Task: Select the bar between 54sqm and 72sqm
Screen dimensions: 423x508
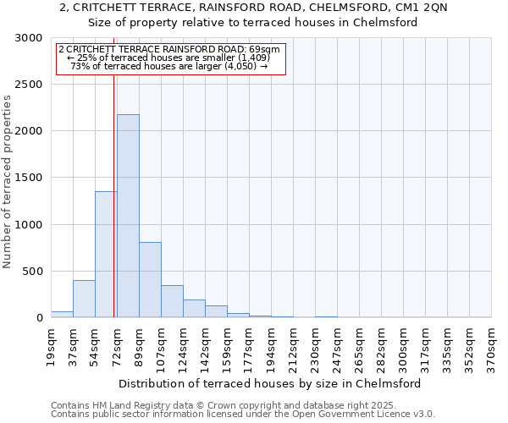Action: click(x=105, y=254)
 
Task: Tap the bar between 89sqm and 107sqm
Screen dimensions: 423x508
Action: click(x=150, y=279)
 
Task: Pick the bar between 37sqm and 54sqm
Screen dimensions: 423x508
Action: click(x=84, y=299)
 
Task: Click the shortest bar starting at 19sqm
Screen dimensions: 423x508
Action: click(x=62, y=314)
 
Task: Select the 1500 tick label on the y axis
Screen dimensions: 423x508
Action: click(x=29, y=179)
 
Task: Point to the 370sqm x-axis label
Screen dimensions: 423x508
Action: click(x=490, y=346)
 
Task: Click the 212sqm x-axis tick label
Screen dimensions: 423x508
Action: click(x=292, y=346)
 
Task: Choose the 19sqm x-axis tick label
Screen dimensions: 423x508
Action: click(x=50, y=346)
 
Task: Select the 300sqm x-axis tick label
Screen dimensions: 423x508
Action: click(x=402, y=346)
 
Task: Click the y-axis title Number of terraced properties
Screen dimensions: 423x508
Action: click(x=8, y=182)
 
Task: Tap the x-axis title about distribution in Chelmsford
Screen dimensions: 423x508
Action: click(x=270, y=383)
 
